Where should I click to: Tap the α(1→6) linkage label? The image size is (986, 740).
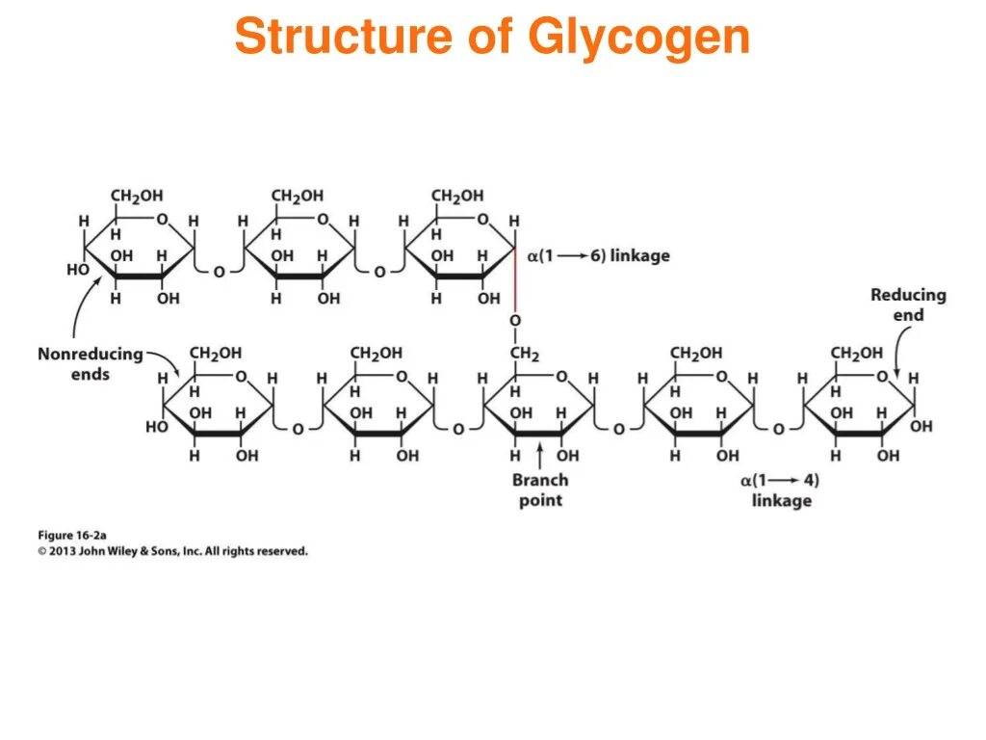coord(597,255)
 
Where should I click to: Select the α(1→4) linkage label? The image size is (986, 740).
coord(781,489)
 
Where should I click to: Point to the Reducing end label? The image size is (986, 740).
coord(908,304)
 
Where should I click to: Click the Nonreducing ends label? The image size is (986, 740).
coord(90,364)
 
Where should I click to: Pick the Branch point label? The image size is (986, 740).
coord(540,489)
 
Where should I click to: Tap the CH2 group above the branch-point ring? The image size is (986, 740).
coord(524,354)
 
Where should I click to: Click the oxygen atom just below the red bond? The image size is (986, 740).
coord(515,320)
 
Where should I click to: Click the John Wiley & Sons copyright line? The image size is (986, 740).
coord(173,551)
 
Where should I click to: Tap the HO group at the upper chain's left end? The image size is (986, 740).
coord(77,271)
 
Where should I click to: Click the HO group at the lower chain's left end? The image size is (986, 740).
coord(157,427)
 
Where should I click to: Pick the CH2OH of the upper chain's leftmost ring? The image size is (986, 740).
coord(137,197)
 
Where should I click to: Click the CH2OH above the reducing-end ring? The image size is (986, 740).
coord(857,354)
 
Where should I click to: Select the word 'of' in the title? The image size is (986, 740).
coord(489,37)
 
